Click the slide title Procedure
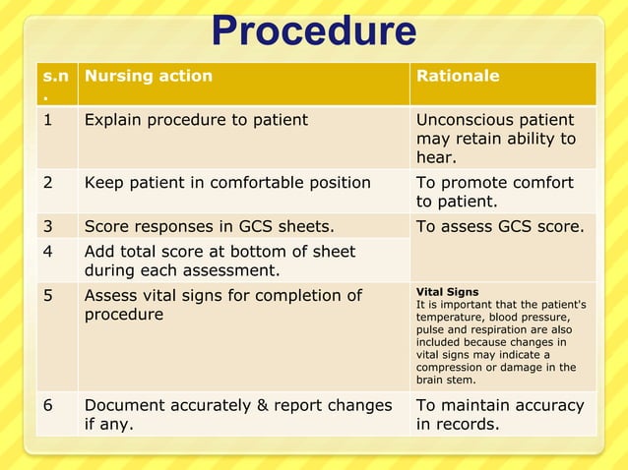click(x=314, y=31)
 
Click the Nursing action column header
click(x=148, y=76)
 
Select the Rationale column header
click(x=458, y=76)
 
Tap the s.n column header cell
click(x=56, y=84)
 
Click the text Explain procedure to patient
click(x=196, y=120)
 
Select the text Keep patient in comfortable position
click(x=227, y=183)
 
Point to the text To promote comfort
click(x=494, y=183)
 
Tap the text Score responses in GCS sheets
click(x=209, y=226)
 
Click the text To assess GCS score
click(x=500, y=226)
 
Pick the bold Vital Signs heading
click(x=447, y=292)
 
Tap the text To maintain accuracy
click(x=500, y=405)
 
